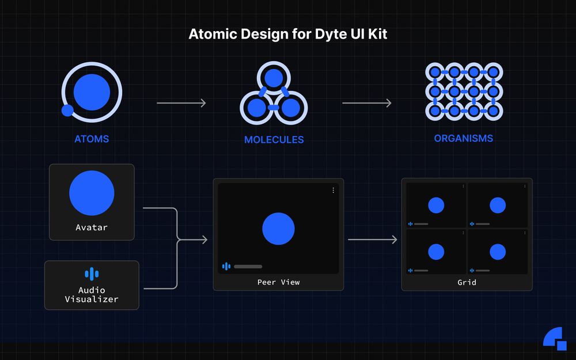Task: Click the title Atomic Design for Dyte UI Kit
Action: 288,34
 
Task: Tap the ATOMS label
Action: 92,139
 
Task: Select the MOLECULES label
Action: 274,139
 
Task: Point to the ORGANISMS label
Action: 463,138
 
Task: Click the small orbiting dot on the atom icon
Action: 67,110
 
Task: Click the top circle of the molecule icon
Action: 274,78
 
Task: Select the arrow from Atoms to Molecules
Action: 181,103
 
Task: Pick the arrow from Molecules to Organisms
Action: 366,103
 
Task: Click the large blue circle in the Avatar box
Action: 92,193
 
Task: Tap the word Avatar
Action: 92,228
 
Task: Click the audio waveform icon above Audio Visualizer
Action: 92,274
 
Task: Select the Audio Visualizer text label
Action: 92,294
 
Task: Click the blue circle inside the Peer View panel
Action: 278,229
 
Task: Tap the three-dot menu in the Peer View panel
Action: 333,190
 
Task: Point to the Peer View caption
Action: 278,282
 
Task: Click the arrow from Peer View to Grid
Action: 373,239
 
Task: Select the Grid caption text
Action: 467,282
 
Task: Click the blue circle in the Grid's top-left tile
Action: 436,205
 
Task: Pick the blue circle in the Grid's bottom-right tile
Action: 498,252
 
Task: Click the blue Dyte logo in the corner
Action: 555,339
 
